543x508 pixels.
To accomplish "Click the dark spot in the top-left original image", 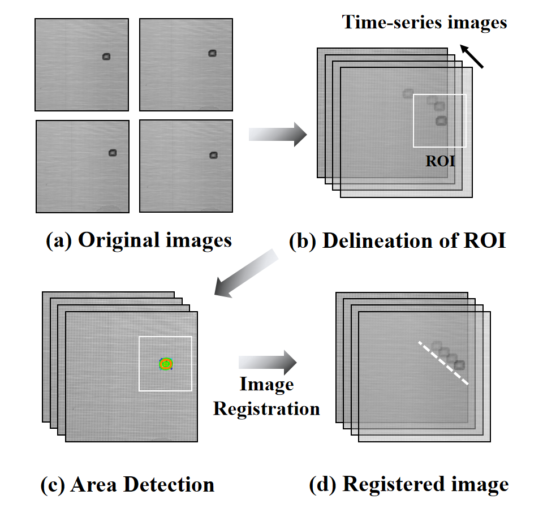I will [107, 56].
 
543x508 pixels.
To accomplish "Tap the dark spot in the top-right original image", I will [212, 53].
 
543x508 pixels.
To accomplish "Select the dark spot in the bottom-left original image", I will [112, 152].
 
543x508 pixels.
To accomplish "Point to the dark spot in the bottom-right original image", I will [213, 155].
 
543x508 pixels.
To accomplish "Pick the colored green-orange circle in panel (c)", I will [165, 364].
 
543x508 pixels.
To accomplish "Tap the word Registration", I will [266, 408].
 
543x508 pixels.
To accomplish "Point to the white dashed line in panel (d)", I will [443, 363].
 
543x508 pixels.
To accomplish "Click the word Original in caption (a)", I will [122, 240].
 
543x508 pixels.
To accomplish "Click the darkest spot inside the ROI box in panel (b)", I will [441, 120].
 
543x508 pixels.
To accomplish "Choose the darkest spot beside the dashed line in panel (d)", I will [459, 365].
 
